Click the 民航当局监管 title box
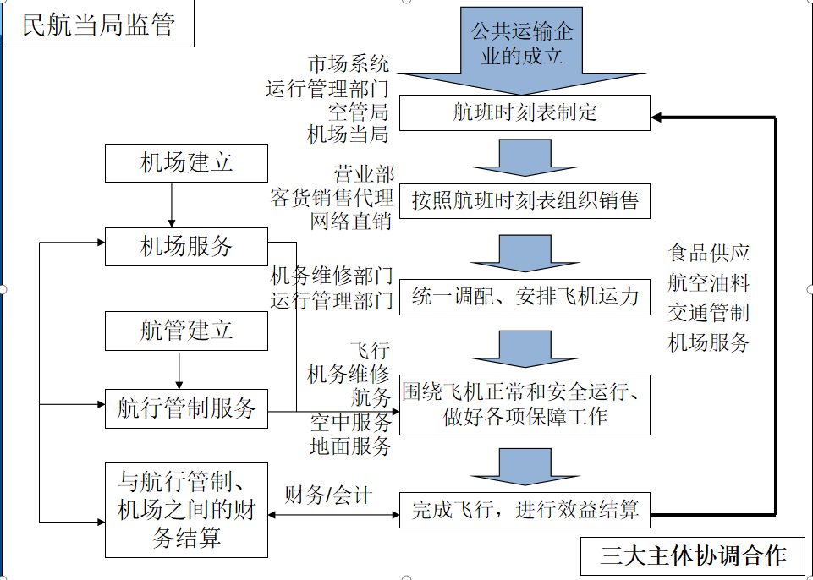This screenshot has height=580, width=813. (97, 25)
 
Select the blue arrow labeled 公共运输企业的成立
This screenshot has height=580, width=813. (521, 47)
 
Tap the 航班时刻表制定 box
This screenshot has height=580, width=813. (525, 113)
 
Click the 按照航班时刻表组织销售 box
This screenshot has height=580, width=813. (525, 201)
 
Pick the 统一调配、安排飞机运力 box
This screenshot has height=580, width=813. (525, 297)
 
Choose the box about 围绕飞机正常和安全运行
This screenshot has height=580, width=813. (525, 405)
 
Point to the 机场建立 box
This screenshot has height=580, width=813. (186, 163)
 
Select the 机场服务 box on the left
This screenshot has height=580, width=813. (186, 247)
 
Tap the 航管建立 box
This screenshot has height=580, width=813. (186, 331)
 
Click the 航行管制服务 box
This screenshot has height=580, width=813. (186, 409)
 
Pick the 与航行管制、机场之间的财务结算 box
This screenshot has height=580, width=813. (186, 510)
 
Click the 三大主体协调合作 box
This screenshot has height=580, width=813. (693, 555)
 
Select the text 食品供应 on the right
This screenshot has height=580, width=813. (709, 253)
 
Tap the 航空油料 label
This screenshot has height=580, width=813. (709, 282)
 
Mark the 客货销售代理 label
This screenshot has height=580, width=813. (332, 199)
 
